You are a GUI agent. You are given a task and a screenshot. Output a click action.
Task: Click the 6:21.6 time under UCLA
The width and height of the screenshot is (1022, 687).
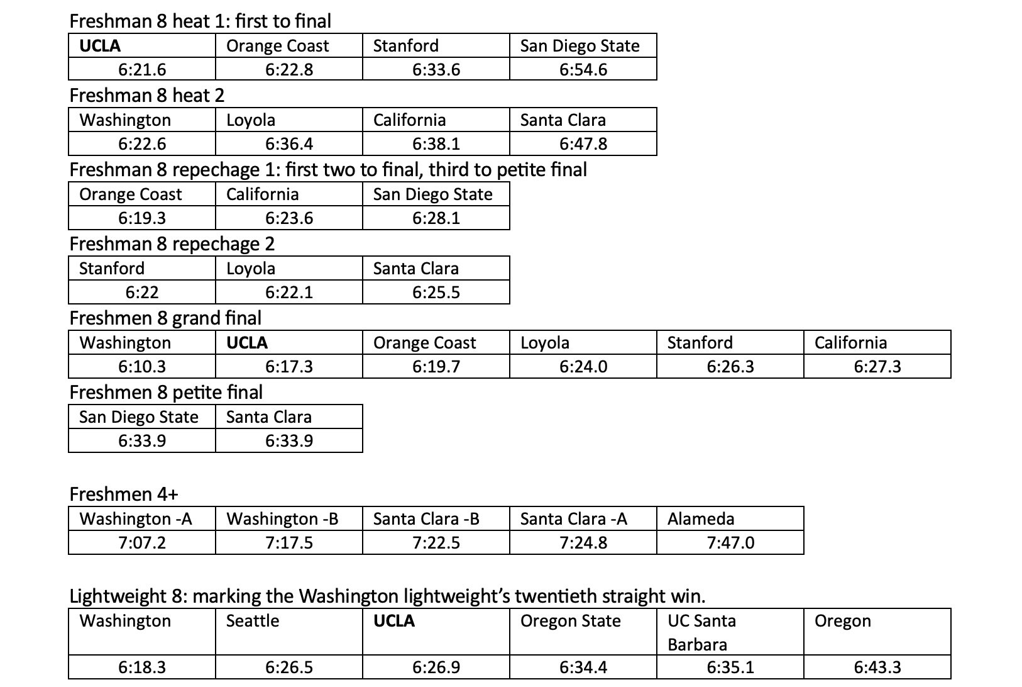coord(142,69)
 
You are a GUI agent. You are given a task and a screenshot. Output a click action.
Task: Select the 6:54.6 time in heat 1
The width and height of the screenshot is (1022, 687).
coord(583,69)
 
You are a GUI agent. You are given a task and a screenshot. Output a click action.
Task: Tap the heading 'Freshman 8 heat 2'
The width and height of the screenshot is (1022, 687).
coord(146,95)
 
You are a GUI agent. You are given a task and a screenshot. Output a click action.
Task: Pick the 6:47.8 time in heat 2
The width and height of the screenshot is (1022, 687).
coord(583,143)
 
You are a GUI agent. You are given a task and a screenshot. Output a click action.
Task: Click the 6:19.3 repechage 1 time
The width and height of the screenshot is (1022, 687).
coord(142,218)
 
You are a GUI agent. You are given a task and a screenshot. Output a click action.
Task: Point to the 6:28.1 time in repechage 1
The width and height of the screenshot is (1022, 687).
coord(436,218)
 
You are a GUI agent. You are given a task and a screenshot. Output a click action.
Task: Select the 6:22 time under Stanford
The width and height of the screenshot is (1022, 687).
coord(142,292)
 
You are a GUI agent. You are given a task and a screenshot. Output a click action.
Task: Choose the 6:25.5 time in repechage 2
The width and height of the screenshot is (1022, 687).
coord(436,292)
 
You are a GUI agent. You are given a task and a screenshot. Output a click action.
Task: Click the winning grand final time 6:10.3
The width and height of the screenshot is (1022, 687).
coord(142,366)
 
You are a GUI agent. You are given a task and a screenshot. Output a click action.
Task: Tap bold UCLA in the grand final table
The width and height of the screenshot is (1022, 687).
coord(247,342)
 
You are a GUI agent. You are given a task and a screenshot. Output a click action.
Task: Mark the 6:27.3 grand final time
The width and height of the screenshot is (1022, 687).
coord(877,366)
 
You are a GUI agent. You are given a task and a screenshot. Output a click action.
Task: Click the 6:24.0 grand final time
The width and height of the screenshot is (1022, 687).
coord(583,366)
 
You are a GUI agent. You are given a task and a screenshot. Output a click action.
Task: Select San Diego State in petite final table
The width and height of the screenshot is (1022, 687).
coord(139,416)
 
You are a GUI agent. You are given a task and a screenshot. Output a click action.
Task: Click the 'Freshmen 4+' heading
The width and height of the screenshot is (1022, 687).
coord(124,494)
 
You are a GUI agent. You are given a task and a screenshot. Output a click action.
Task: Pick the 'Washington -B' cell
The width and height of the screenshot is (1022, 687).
coord(282,518)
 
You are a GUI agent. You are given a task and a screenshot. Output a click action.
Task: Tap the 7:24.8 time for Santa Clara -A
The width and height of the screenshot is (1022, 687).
coord(583,542)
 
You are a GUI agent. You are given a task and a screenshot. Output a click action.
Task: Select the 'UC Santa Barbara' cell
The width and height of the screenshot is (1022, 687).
coord(701,632)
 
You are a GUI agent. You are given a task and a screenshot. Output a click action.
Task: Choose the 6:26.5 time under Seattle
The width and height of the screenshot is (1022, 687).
coord(289,667)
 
